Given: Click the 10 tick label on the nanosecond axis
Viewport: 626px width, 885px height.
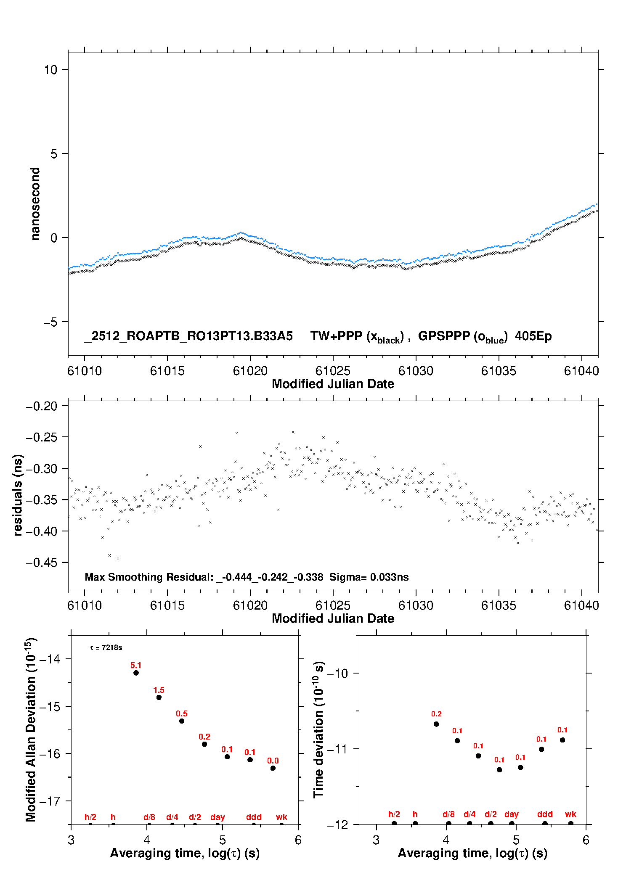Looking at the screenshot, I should click(x=50, y=70).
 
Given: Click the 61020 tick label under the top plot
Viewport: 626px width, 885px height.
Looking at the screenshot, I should click(x=250, y=371).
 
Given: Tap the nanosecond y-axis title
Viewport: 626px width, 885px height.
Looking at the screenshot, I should click(x=35, y=204).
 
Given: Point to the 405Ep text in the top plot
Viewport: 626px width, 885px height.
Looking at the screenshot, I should click(x=533, y=336).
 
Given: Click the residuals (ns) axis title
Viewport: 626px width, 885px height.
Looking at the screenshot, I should click(x=18, y=495).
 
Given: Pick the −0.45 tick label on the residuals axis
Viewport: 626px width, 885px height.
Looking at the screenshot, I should click(x=41, y=563).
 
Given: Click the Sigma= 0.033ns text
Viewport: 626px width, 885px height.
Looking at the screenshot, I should click(x=369, y=577).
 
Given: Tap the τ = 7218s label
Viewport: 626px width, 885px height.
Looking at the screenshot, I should click(x=106, y=648).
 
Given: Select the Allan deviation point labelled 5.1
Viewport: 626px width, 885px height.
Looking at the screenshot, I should click(x=136, y=673).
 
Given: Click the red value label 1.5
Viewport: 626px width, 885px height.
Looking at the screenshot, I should click(x=159, y=690).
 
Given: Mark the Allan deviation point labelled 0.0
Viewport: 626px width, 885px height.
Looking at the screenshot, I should click(x=273, y=768).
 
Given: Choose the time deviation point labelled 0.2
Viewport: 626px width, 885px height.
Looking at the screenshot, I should click(x=436, y=724).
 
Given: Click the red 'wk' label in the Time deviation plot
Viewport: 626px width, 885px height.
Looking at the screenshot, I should click(x=570, y=814).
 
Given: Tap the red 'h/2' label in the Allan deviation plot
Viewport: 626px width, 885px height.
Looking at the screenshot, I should click(x=90, y=817).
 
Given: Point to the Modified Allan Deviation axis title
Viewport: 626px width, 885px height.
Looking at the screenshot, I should click(x=31, y=730).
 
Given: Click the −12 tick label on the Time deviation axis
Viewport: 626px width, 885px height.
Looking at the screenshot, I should click(x=337, y=825).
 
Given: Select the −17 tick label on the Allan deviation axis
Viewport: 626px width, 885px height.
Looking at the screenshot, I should click(x=50, y=801).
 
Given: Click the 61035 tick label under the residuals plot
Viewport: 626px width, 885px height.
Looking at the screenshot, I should click(x=499, y=605).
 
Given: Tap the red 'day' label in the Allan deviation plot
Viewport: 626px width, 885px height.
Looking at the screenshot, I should click(x=218, y=817).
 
